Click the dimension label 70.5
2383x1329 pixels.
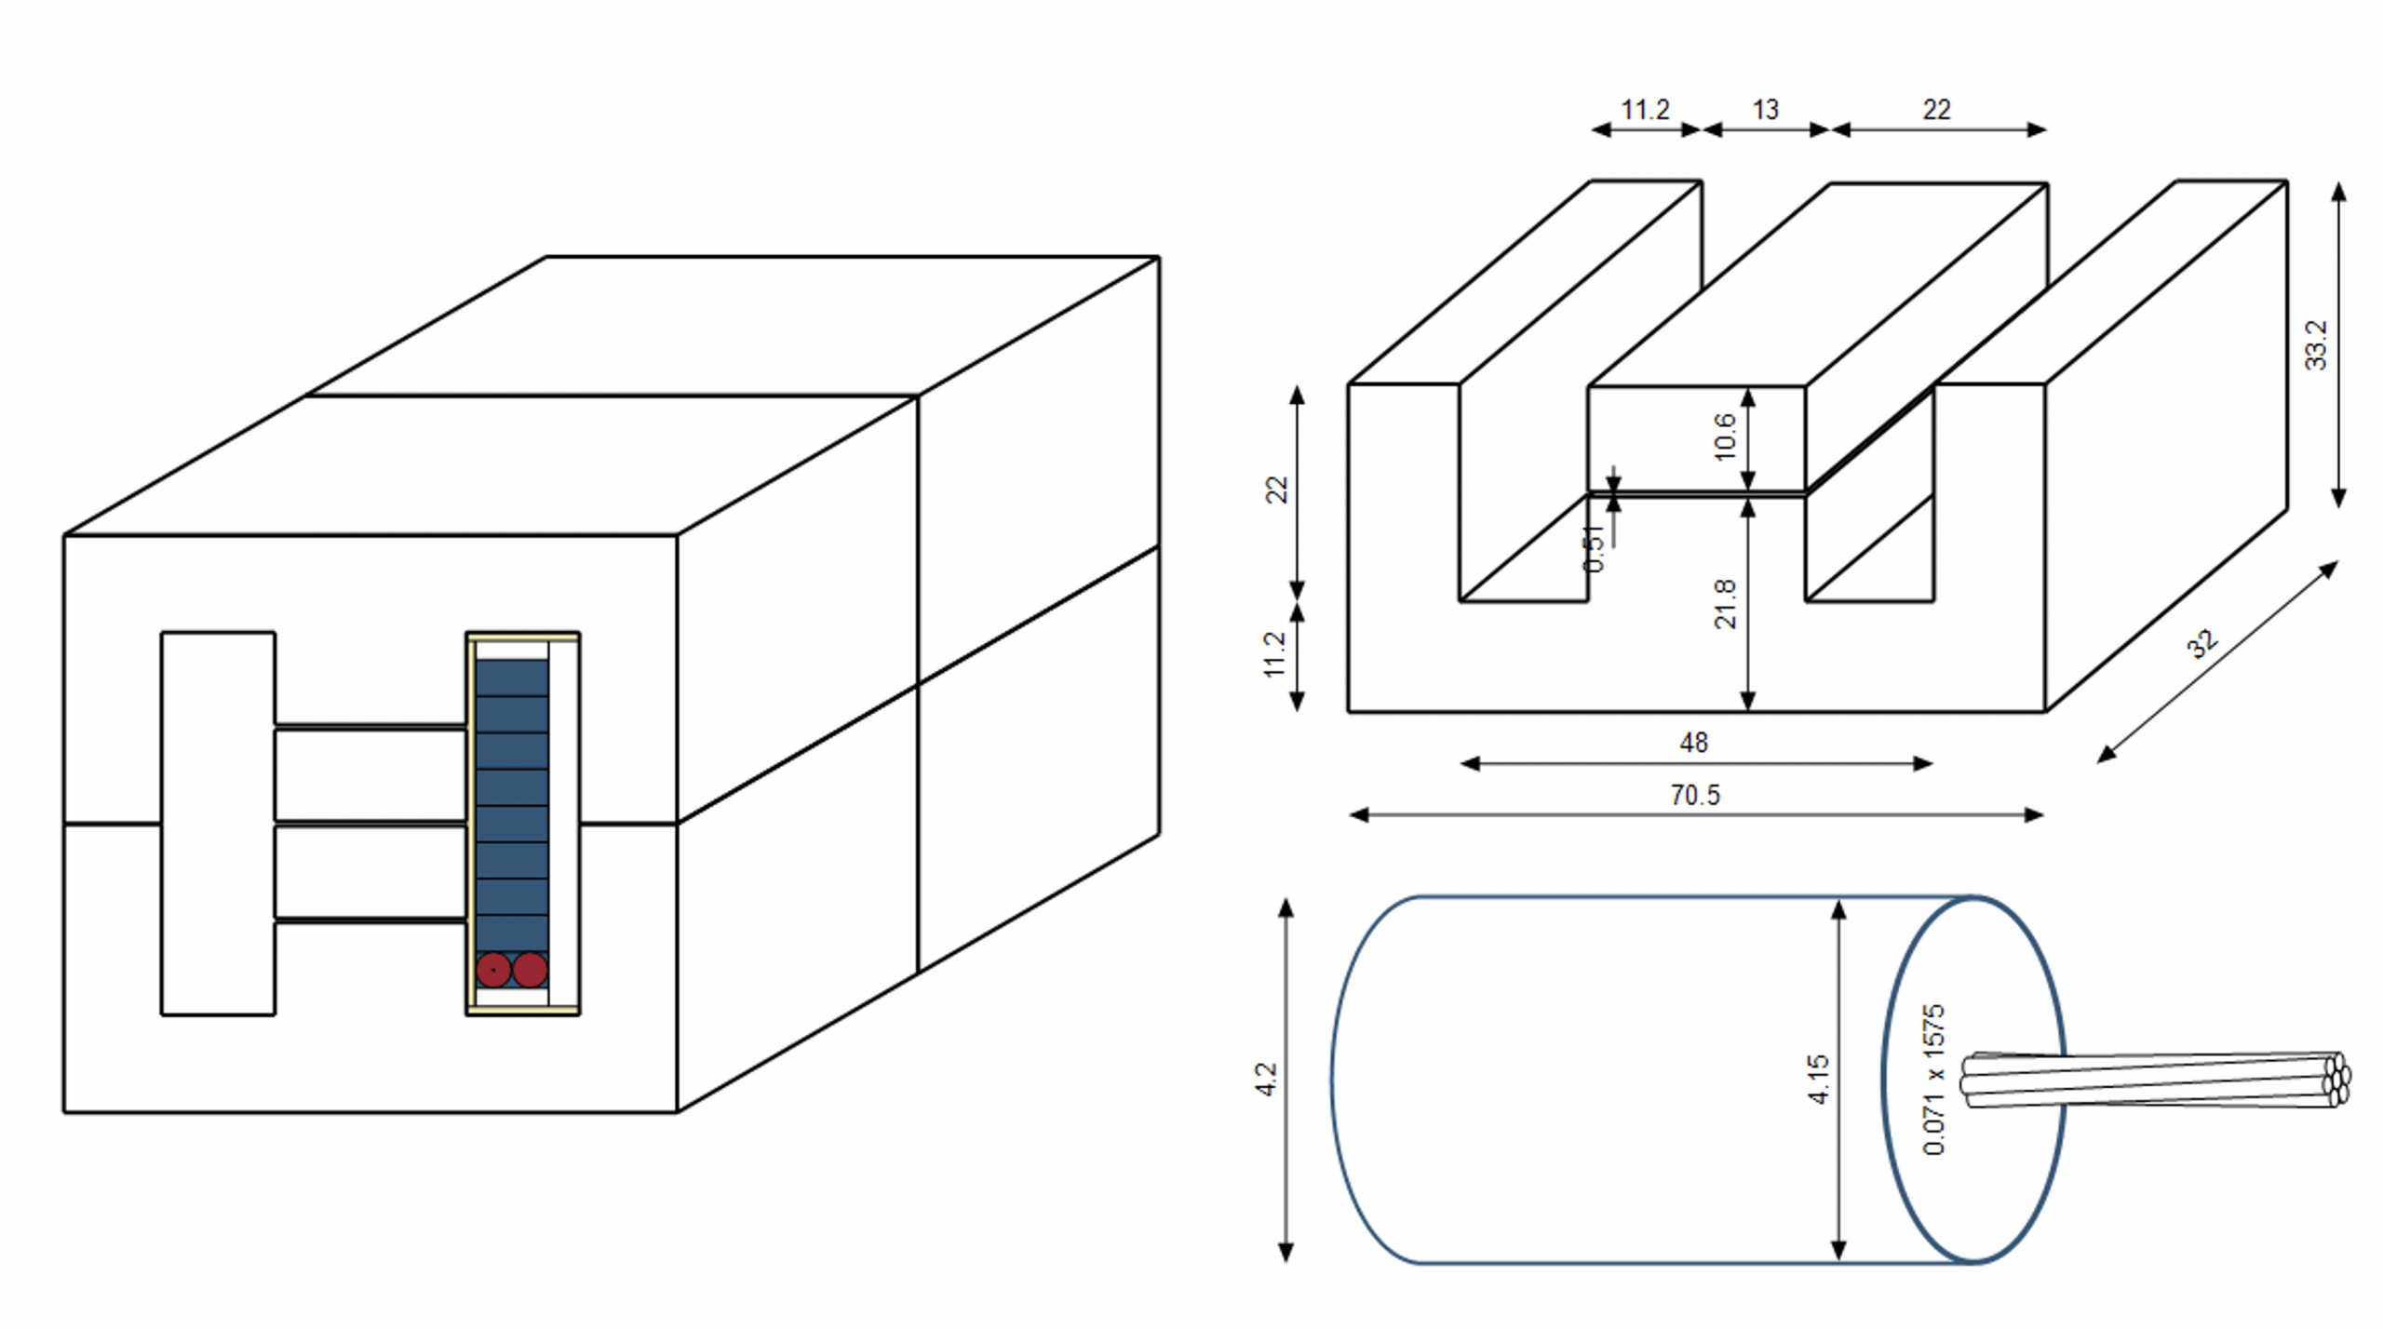(1695, 796)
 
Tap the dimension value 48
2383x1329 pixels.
(1693, 743)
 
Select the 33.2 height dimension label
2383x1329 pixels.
(2316, 345)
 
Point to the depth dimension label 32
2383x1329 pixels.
(2202, 644)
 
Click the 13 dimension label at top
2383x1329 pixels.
(1765, 110)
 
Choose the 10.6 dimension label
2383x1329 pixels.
(1725, 436)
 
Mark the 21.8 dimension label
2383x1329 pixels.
(1725, 604)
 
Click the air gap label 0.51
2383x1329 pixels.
(1594, 548)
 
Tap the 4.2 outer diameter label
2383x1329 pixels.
(1265, 1080)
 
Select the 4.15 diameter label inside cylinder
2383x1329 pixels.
(1818, 1080)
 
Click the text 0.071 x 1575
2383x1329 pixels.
(1933, 1080)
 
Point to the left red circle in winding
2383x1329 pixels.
(493, 970)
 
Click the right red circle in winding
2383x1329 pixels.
(530, 970)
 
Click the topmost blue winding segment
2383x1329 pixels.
(512, 678)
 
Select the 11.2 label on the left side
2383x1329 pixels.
(1274, 655)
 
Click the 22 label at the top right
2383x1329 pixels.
(1936, 110)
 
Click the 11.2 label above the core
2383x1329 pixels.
(1645, 110)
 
